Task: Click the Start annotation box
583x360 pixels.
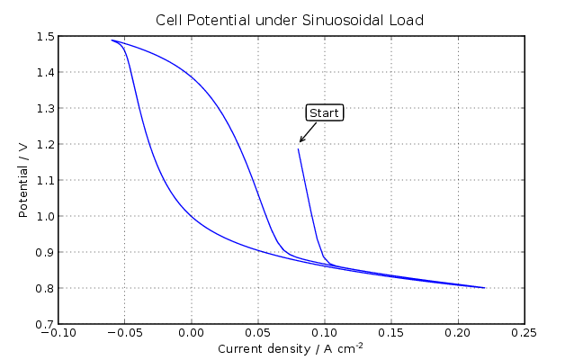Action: pos(324,112)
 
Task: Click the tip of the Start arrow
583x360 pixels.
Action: pos(300,142)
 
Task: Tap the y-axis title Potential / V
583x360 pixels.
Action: pos(24,180)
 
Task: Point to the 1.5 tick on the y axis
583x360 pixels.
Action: pos(43,37)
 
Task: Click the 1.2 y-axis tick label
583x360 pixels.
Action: pos(43,145)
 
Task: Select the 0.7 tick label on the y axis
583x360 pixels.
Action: pos(43,324)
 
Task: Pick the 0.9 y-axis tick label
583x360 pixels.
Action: pos(43,253)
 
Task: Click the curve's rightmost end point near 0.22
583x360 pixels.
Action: pos(485,288)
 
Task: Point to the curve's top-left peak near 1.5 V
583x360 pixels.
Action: pos(112,40)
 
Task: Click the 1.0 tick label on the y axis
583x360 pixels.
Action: pos(43,217)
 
